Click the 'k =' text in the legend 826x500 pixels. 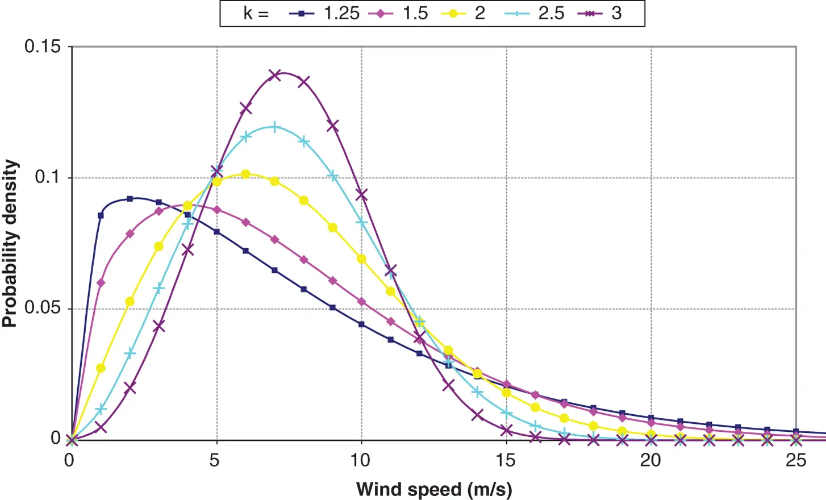256,13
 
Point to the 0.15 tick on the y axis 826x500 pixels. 42,47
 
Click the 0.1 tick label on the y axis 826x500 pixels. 47,177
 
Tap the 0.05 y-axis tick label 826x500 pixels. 42,308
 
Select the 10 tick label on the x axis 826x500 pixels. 361,460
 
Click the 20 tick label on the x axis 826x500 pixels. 650,460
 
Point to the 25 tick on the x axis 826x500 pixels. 795,460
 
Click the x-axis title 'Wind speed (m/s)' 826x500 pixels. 434,489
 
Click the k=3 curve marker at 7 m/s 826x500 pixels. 274,75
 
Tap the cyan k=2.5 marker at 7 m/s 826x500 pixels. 274,127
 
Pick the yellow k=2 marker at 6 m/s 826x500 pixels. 245,174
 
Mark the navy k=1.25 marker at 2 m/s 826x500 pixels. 130,199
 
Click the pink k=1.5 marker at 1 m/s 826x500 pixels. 101,282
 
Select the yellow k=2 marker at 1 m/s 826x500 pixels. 101,368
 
